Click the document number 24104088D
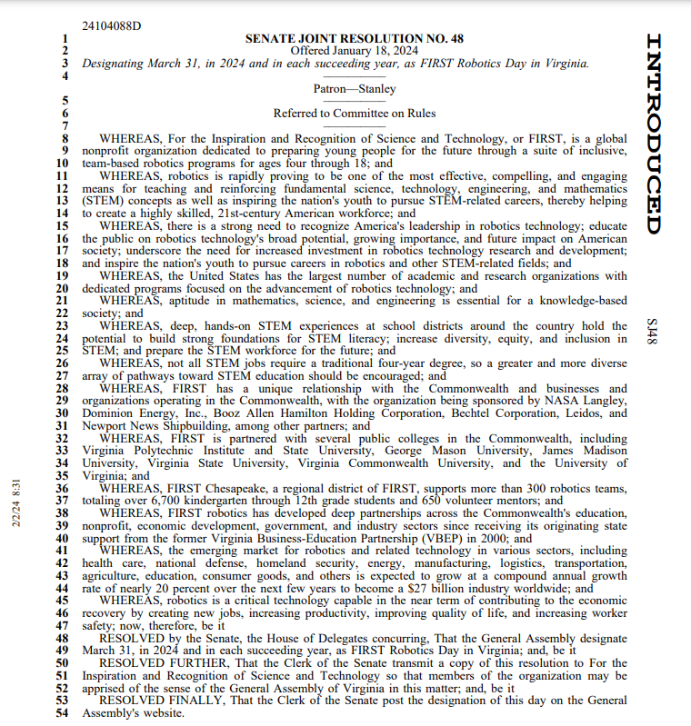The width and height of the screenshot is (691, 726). click(x=112, y=25)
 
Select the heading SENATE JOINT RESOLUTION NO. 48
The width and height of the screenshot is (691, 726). click(x=355, y=38)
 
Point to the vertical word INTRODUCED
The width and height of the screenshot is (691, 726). click(x=655, y=134)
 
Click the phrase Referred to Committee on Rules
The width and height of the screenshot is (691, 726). click(x=355, y=114)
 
